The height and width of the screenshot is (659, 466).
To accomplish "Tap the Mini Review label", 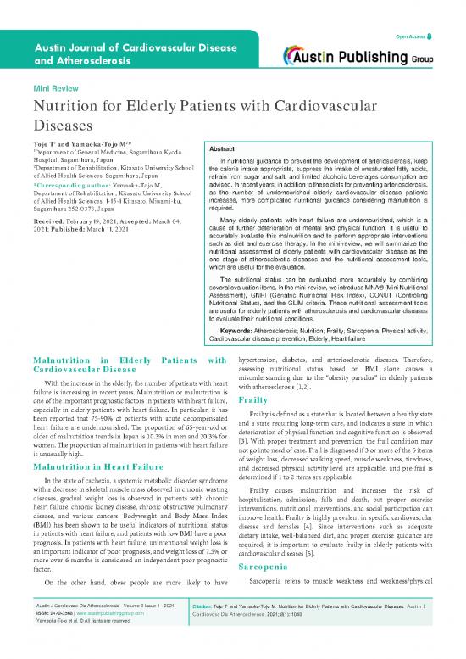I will click(x=53, y=88).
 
